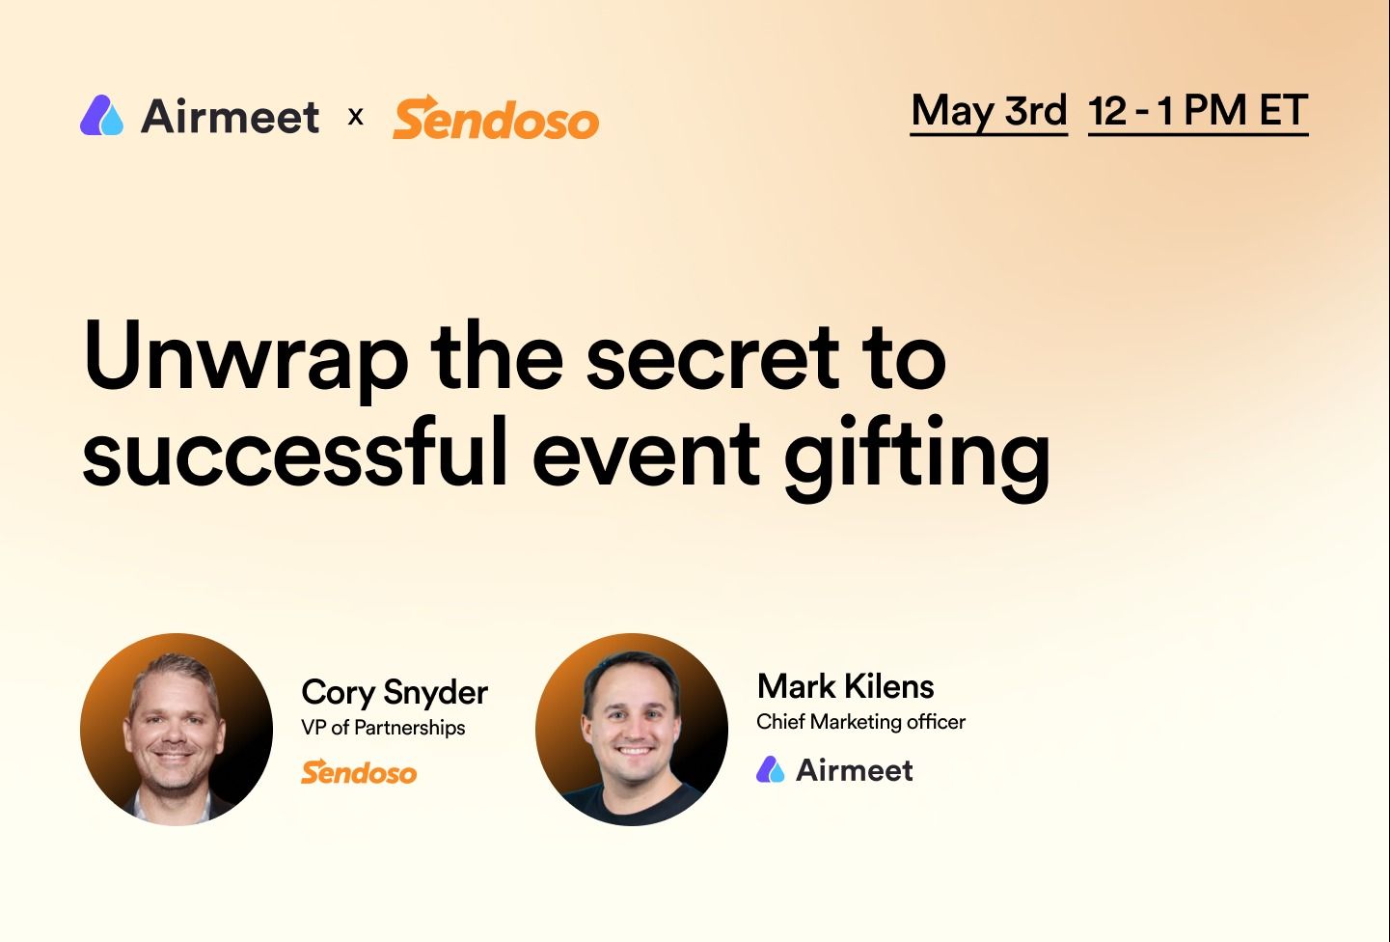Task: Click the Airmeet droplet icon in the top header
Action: (x=101, y=116)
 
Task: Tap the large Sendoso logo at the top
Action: (x=496, y=118)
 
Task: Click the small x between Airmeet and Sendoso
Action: (x=356, y=117)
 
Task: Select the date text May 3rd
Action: (x=989, y=111)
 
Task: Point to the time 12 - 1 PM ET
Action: (x=1198, y=111)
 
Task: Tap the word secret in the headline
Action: (x=713, y=359)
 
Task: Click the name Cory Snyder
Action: (x=395, y=692)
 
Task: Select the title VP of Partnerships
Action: (x=383, y=728)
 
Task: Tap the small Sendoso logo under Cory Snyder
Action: (x=359, y=772)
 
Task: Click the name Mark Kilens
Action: (x=845, y=686)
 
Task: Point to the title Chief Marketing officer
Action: (x=860, y=722)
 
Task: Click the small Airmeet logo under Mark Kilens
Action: (x=834, y=769)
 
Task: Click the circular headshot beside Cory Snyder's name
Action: (x=177, y=730)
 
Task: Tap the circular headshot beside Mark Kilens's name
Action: (x=632, y=730)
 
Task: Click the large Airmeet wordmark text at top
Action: (x=230, y=118)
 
